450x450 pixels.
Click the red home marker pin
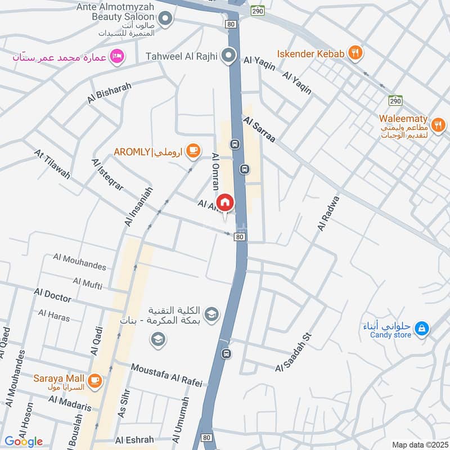[225, 202]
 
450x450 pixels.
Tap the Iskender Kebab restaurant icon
[355, 53]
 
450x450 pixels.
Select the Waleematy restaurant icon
[438, 124]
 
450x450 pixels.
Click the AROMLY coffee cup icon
[193, 150]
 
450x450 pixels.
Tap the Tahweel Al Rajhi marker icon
[228, 56]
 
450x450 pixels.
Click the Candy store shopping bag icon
[421, 328]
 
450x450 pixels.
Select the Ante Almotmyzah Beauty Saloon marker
[165, 20]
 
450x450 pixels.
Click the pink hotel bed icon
[118, 56]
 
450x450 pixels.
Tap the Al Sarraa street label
[259, 129]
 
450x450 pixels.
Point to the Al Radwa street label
[329, 213]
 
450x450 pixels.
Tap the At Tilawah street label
[52, 164]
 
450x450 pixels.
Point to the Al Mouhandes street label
[79, 261]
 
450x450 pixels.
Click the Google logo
[23, 441]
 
